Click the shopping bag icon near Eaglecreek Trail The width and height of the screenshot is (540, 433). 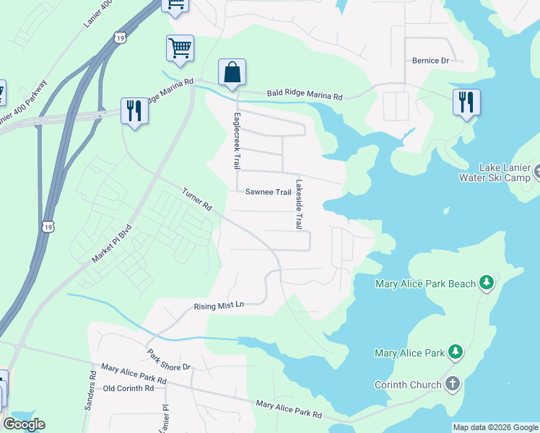pyautogui.click(x=232, y=73)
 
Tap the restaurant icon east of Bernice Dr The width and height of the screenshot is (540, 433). pyautogui.click(x=466, y=102)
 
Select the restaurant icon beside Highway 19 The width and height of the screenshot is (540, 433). pyautogui.click(x=134, y=111)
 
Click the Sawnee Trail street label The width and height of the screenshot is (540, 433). pyautogui.click(x=268, y=192)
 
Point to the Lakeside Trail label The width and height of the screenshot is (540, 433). pyautogui.click(x=297, y=204)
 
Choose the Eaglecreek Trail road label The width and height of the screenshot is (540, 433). pyautogui.click(x=235, y=141)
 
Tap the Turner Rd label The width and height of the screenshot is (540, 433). pyautogui.click(x=197, y=200)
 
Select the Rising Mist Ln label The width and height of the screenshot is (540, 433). pyautogui.click(x=219, y=306)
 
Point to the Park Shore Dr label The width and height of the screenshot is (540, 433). pyautogui.click(x=169, y=361)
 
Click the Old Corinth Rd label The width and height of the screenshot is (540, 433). pyautogui.click(x=129, y=388)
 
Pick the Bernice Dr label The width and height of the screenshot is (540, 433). pyautogui.click(x=431, y=61)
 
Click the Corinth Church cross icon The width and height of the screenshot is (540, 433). pyautogui.click(x=453, y=384)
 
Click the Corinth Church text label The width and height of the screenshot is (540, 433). pyautogui.click(x=408, y=385)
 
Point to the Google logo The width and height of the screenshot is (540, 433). pyautogui.click(x=24, y=424)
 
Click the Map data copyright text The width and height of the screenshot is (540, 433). pyautogui.click(x=495, y=427)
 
